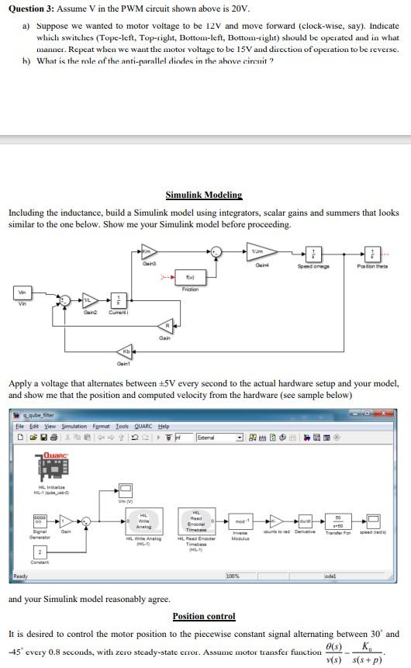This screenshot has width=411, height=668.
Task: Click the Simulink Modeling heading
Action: [204, 195]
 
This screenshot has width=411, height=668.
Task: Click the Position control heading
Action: [204, 616]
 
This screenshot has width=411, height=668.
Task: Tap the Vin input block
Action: [22, 292]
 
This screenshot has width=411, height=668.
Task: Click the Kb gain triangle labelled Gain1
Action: [123, 352]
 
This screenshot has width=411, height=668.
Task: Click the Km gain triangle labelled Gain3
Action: [147, 251]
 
